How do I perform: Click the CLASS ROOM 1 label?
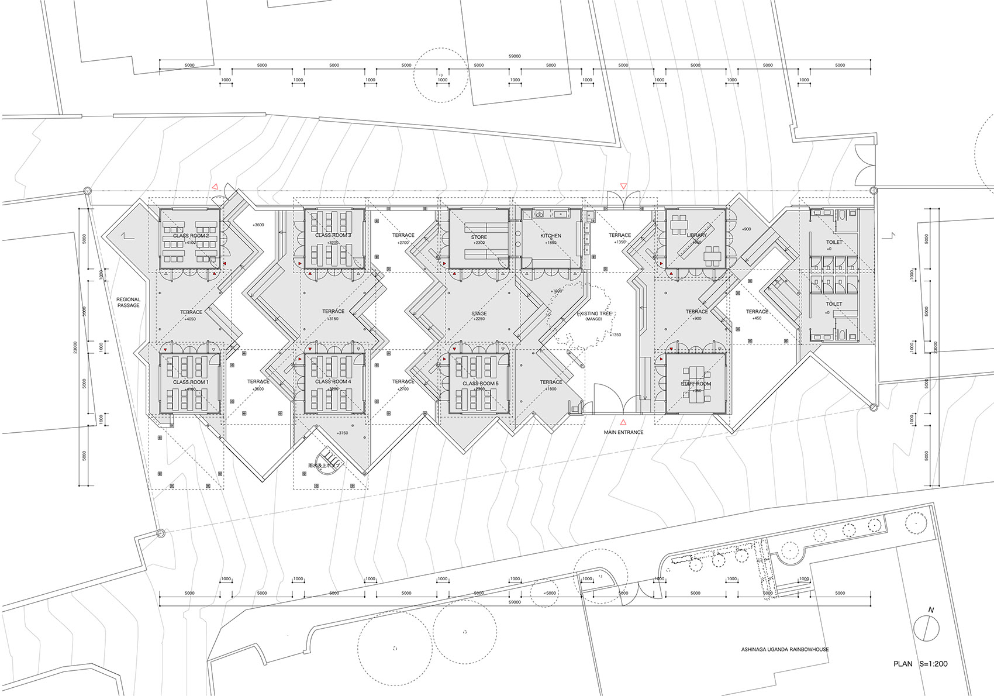(x=191, y=382)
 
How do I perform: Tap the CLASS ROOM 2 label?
(x=191, y=236)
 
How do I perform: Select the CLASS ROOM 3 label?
(x=333, y=235)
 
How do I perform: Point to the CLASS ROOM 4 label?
(x=333, y=381)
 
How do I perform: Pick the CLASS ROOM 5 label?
(x=481, y=384)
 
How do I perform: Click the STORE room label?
(x=479, y=237)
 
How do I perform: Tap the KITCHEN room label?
(x=551, y=236)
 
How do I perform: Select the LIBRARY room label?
(x=697, y=235)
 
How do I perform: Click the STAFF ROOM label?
(x=696, y=384)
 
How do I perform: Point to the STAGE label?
(x=479, y=313)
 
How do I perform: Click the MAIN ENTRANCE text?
(x=623, y=432)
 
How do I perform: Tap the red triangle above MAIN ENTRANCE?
(x=623, y=422)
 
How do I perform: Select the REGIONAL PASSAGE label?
(x=129, y=302)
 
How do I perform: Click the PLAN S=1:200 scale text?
(x=920, y=664)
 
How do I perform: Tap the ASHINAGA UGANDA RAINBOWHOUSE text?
(x=785, y=649)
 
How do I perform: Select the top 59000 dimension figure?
(x=515, y=56)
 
